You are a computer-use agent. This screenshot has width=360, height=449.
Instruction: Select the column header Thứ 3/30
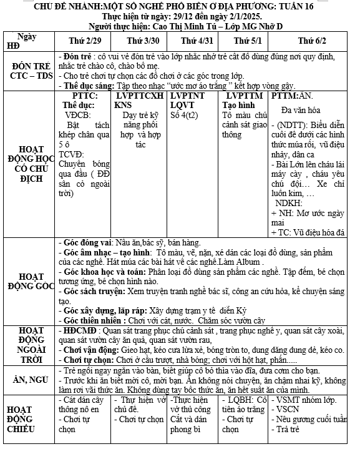click(x=140, y=41)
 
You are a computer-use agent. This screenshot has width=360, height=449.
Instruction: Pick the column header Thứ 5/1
click(x=245, y=41)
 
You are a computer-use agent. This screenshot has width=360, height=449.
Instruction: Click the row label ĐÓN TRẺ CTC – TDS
click(x=31, y=71)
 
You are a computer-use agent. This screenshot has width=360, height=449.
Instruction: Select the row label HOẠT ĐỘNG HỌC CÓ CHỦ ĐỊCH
click(x=31, y=164)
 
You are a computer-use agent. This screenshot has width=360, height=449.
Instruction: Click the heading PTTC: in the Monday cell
click(x=85, y=96)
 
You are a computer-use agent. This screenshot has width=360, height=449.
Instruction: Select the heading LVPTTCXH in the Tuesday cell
click(x=140, y=96)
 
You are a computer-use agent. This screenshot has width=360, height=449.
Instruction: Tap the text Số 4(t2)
click(x=184, y=116)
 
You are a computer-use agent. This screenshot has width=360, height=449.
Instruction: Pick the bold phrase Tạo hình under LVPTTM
click(x=240, y=106)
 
